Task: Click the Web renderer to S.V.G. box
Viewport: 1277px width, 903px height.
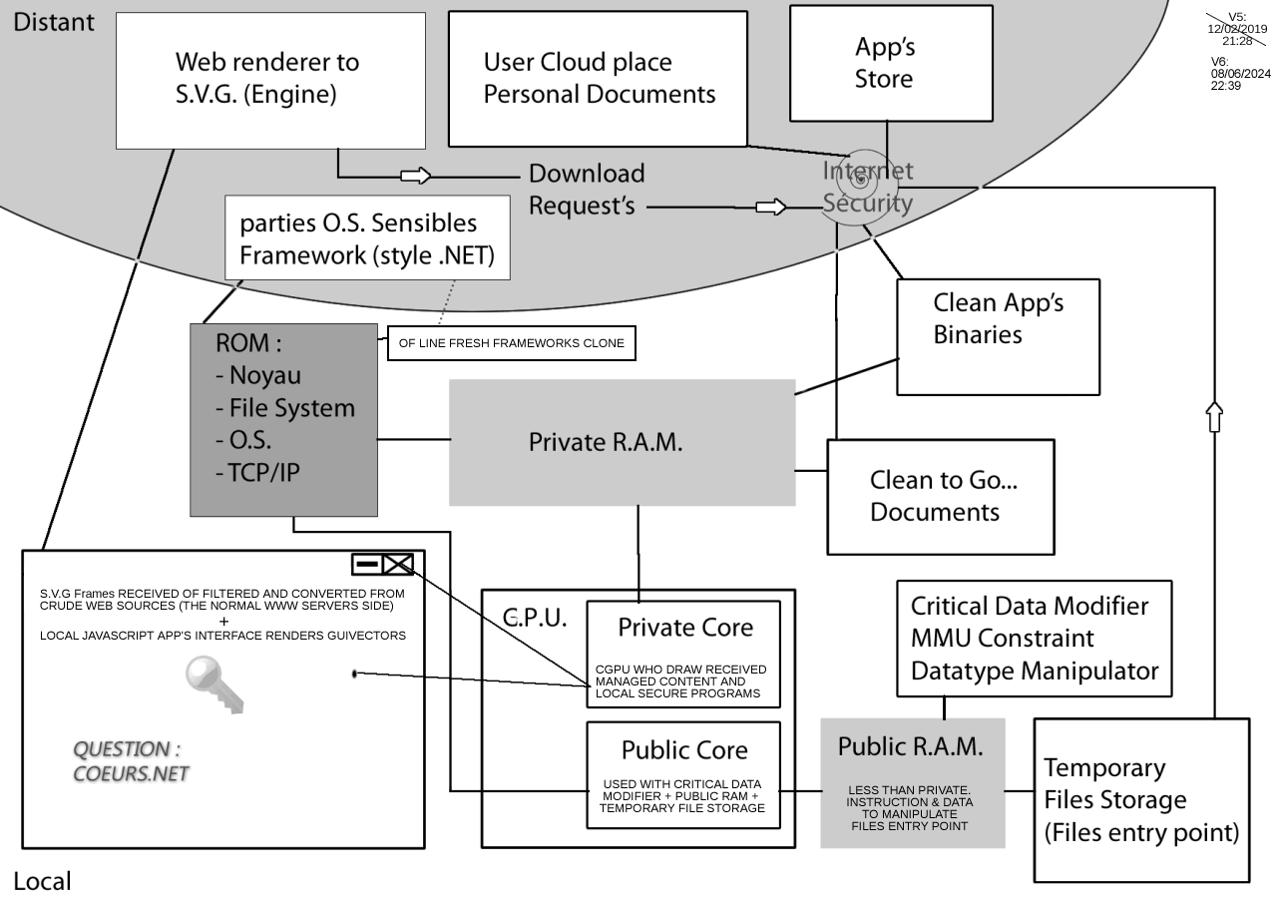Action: (270, 80)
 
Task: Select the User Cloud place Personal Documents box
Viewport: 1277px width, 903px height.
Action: (598, 79)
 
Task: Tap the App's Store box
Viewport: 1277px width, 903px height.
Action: (890, 63)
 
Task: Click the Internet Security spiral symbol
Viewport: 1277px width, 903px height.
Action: (859, 183)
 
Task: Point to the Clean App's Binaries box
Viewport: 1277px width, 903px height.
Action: (998, 336)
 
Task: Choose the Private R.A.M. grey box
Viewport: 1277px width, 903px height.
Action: (622, 442)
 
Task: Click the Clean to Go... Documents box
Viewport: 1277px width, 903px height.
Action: (941, 496)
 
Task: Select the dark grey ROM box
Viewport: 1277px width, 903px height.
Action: (284, 419)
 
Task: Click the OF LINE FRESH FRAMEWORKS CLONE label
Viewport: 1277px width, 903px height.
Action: (511, 343)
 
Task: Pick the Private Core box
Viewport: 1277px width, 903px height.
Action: (683, 654)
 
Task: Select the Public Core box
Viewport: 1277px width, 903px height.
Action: (683, 774)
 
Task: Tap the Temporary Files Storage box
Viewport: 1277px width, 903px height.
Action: (1140, 800)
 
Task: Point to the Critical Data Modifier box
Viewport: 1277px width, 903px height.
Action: (1034, 639)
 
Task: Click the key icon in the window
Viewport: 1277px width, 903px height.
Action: (213, 684)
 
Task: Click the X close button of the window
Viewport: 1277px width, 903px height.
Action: (398, 565)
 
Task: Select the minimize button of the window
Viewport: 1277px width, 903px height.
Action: (367, 565)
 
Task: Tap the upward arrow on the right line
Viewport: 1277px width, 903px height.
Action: (1214, 416)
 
